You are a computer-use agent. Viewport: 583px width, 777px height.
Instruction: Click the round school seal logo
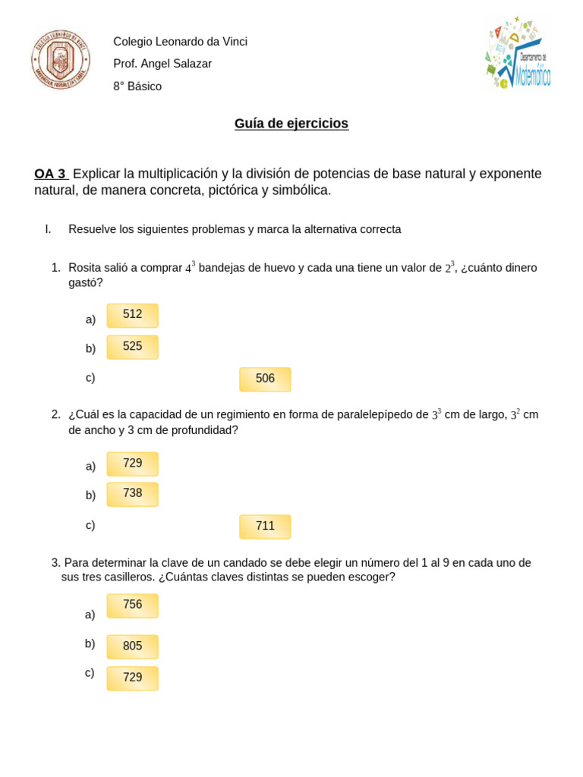pyautogui.click(x=61, y=59)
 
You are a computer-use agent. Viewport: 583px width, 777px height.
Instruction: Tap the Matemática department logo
pyautogui.click(x=518, y=53)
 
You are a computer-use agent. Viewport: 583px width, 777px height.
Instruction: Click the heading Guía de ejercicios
pyautogui.click(x=291, y=124)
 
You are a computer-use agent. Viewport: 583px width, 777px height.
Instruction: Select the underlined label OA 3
pyautogui.click(x=50, y=174)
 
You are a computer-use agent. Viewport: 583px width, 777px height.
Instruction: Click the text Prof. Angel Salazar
pyautogui.click(x=162, y=64)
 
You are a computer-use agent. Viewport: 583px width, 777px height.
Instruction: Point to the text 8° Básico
pyautogui.click(x=137, y=87)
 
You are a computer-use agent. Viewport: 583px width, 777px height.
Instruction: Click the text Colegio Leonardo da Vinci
pyautogui.click(x=180, y=42)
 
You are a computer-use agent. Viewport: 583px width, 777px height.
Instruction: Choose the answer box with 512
pyautogui.click(x=133, y=315)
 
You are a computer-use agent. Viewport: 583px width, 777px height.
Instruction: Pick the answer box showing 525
pyautogui.click(x=133, y=347)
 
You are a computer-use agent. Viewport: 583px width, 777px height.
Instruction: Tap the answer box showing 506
pyautogui.click(x=265, y=379)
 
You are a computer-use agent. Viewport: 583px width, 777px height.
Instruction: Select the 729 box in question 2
pyautogui.click(x=133, y=464)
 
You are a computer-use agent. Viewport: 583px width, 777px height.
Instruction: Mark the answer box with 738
pyautogui.click(x=133, y=494)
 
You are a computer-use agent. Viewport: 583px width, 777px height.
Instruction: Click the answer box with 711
pyautogui.click(x=265, y=527)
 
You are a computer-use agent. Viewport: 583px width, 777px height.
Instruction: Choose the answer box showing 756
pyautogui.click(x=133, y=606)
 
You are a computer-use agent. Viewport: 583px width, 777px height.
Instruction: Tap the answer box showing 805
pyautogui.click(x=133, y=646)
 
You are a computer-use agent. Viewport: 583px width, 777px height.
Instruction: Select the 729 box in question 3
pyautogui.click(x=133, y=678)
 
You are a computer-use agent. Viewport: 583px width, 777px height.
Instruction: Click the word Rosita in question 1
pyautogui.click(x=85, y=268)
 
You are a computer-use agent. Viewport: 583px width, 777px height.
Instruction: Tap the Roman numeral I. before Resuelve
pyautogui.click(x=48, y=229)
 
